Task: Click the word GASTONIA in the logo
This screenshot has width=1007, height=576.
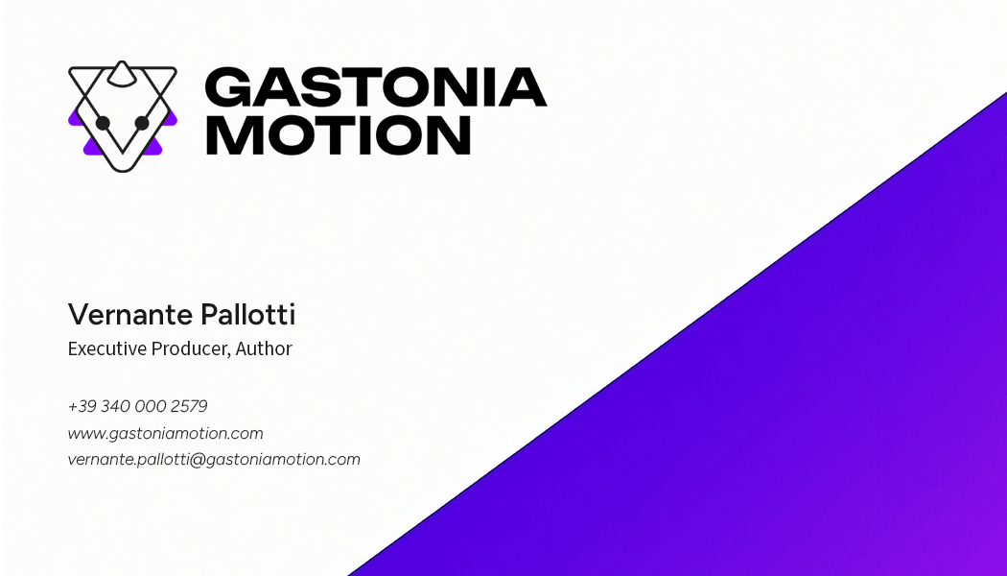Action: tap(375, 87)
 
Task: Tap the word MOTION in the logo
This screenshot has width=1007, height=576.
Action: tap(338, 135)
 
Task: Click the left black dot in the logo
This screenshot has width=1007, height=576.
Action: tap(103, 123)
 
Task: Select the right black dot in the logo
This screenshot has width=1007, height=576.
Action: tap(142, 123)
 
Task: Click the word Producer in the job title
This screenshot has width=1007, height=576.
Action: tap(191, 348)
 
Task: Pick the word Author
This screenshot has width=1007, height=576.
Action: tap(264, 348)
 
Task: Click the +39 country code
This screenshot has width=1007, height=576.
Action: tap(82, 406)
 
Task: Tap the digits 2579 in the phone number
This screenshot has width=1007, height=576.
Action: tap(189, 406)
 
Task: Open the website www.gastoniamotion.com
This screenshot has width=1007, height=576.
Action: tap(165, 433)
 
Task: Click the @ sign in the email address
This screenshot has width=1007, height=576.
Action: tap(198, 459)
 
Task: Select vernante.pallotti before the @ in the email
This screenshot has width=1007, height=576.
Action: tap(129, 459)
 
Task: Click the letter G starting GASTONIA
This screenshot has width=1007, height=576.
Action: tap(226, 87)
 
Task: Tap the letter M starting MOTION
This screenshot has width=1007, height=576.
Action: tap(230, 135)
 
